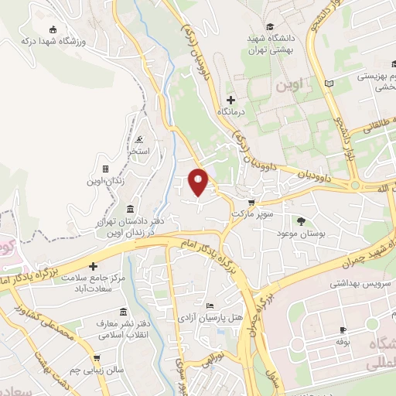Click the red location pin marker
click(200, 181)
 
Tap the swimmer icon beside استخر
click(138, 140)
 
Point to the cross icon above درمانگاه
click(230, 101)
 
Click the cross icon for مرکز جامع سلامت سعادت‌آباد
click(94, 266)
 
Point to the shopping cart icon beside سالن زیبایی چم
click(96, 358)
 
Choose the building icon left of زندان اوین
click(105, 169)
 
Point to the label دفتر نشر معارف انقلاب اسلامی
click(126, 327)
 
